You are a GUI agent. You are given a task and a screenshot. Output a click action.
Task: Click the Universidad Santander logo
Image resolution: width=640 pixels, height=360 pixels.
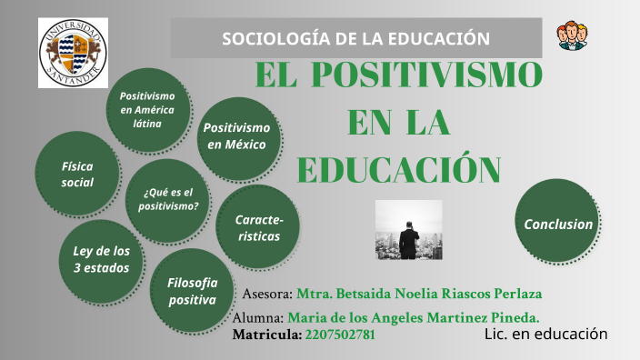coord(73,52)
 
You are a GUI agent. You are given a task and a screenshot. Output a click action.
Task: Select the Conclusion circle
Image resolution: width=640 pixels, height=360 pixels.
coord(558,224)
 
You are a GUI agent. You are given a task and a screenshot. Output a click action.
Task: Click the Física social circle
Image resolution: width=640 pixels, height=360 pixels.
coord(77,175)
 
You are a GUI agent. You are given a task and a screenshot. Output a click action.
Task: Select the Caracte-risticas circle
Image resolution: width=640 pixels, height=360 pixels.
coord(258,228)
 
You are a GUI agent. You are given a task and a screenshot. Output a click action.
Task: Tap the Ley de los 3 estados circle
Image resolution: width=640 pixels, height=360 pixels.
coord(101,259)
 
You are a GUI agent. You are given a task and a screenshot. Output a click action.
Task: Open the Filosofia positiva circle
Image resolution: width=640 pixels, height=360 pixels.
coord(192,291)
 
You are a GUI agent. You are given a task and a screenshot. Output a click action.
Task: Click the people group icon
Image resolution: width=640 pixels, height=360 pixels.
coord(572,35)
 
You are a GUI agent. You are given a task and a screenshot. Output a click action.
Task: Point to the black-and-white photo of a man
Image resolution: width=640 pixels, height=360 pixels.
coord(408,230)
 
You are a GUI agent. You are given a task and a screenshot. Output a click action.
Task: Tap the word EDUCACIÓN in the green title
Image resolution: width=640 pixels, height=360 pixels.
coord(398,168)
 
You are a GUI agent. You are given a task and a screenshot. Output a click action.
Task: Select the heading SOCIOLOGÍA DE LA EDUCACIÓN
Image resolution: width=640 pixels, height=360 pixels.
coord(356,39)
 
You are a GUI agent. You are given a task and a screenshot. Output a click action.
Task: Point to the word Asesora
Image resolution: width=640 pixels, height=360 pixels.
coord(267,295)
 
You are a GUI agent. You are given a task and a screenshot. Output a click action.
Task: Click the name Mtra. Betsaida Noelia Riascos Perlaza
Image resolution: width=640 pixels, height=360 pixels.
coord(425,295)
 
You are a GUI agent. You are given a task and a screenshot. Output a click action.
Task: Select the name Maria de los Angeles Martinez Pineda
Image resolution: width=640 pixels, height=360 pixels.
coord(414,317)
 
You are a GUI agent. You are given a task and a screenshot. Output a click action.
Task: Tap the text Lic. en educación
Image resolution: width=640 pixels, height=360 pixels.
coord(545,334)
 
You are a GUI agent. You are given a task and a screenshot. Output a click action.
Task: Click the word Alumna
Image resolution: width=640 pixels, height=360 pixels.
coord(258,317)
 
